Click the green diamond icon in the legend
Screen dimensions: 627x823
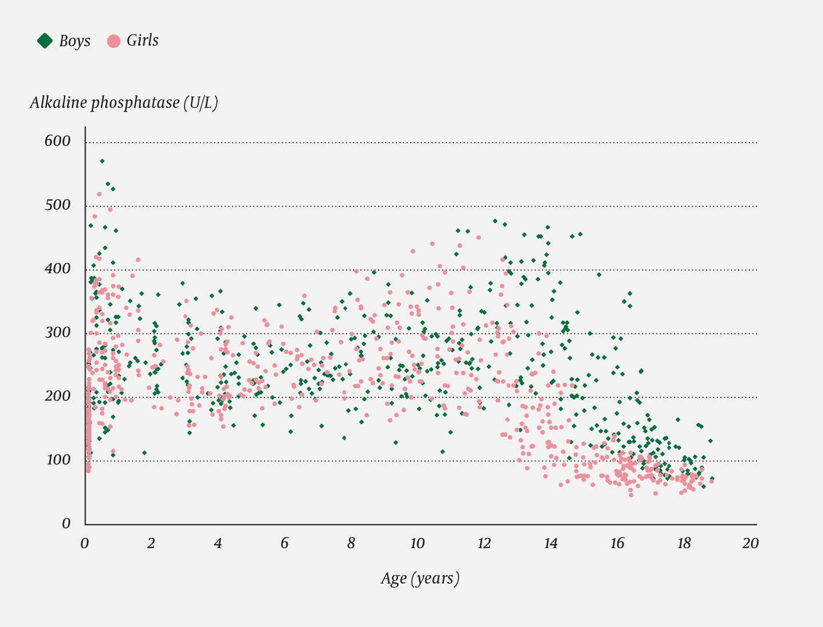pos(45,41)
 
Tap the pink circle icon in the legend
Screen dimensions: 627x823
pos(114,41)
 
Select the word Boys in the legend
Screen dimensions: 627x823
pos(75,41)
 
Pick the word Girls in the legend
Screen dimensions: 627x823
pos(142,41)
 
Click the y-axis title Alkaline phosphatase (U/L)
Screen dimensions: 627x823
pos(124,103)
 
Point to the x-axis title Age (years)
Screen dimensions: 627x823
pos(420,578)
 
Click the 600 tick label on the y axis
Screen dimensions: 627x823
pos(58,141)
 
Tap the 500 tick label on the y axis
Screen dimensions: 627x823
pos(58,205)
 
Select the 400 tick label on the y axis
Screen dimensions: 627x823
pos(58,268)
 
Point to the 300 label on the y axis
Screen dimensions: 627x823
pos(58,332)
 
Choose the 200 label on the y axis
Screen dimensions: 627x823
pos(58,396)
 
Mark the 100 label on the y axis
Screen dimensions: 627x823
pos(58,460)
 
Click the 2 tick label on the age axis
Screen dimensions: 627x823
pos(151,543)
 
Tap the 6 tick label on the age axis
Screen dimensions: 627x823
pos(284,543)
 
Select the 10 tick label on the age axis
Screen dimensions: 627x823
pos(417,543)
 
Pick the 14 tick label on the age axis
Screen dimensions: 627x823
pos(551,543)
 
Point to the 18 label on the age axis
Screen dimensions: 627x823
pos(684,543)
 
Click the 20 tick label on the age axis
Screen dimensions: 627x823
pos(750,543)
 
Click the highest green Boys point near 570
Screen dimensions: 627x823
pos(102,161)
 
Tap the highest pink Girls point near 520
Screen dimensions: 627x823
pos(99,194)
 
